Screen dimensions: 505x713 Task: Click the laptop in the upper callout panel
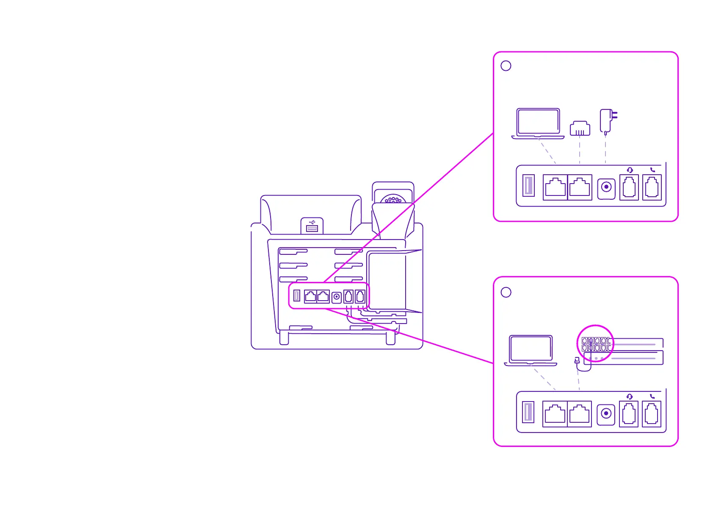[x=538, y=123]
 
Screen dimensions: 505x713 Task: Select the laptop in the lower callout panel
[x=531, y=350]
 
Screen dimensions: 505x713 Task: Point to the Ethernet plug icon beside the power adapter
[x=580, y=128]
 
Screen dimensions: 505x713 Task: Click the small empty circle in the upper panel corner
[x=506, y=66]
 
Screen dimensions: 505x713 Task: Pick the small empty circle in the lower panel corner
[x=506, y=292]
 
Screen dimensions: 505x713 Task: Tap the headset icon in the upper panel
[x=630, y=170]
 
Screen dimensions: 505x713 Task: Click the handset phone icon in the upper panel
[x=652, y=170]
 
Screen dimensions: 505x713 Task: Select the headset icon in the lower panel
[x=630, y=396]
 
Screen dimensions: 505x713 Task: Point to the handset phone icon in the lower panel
[x=652, y=396]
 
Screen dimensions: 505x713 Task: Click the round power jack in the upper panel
[x=606, y=187]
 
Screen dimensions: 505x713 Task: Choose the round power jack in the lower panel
[x=606, y=413]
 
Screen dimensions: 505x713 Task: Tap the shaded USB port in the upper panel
[x=528, y=186]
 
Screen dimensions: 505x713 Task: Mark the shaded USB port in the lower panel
[x=528, y=412]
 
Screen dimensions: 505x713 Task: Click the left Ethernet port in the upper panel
[x=555, y=187]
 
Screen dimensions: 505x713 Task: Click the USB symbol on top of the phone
[x=312, y=222]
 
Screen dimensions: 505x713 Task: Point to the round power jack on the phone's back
[x=337, y=297]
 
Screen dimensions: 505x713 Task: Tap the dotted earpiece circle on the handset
[x=393, y=199]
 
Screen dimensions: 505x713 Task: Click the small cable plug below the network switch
[x=577, y=360]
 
